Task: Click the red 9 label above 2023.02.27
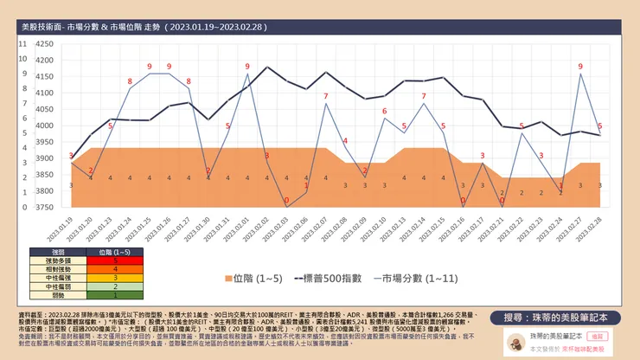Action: (x=580, y=66)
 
